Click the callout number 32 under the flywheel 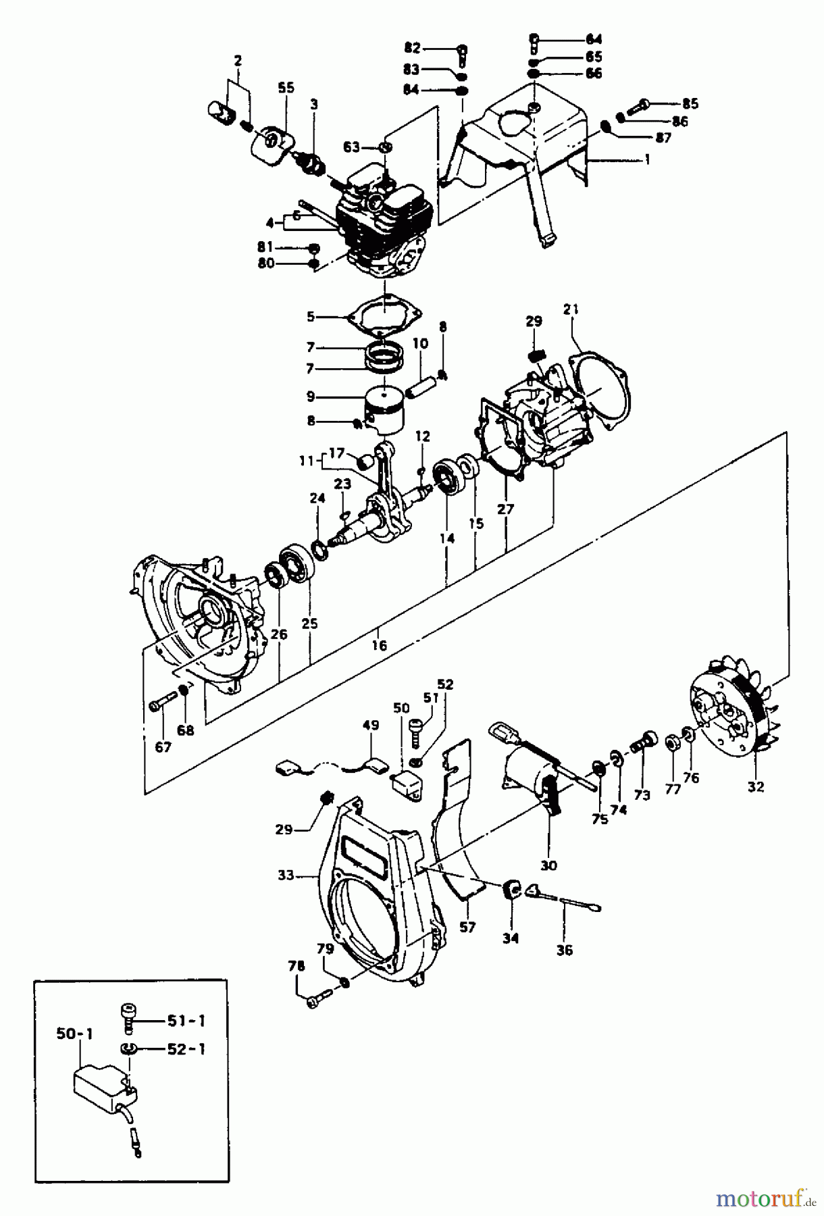pyautogui.click(x=755, y=786)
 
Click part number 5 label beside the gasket pyautogui.click(x=310, y=315)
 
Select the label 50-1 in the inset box pyautogui.click(x=70, y=1034)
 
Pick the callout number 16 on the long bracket pyautogui.click(x=379, y=646)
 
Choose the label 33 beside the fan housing pyautogui.click(x=286, y=876)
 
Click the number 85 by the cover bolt pyautogui.click(x=690, y=104)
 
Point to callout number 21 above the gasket pyautogui.click(x=571, y=309)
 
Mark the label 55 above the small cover pyautogui.click(x=286, y=88)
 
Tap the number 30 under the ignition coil pyautogui.click(x=548, y=865)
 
